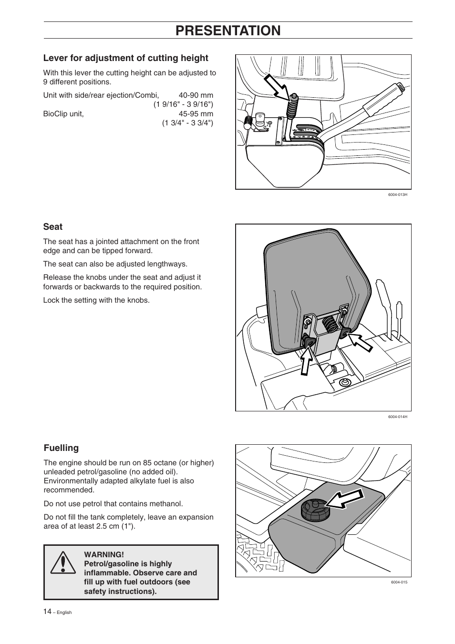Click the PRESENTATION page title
[227, 31]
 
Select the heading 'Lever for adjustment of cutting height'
[126, 58]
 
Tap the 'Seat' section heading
[53, 227]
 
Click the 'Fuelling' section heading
[61, 448]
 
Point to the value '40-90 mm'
[196, 95]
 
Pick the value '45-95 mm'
[196, 114]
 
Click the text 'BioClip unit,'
[63, 114]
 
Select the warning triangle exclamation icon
[62, 563]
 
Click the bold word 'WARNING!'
[104, 554]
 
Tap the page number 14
[48, 611]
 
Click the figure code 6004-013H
[397, 195]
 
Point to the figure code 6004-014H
[397, 417]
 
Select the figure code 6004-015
[399, 583]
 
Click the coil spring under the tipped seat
[329, 326]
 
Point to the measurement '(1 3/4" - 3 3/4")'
[187, 123]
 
